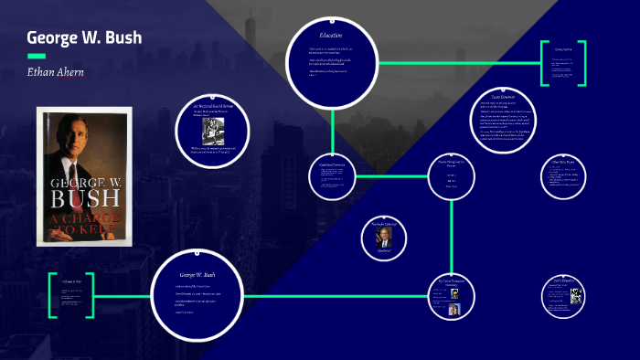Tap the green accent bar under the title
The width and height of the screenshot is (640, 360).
(x=36, y=56)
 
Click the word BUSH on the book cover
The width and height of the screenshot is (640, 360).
(x=84, y=198)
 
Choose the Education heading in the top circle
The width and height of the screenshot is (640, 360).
(x=331, y=35)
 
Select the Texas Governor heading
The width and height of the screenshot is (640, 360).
(x=505, y=96)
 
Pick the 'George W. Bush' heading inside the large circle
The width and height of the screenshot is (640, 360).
(x=197, y=274)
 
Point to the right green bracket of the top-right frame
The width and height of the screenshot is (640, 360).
(x=581, y=63)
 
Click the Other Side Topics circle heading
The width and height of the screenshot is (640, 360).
(x=561, y=162)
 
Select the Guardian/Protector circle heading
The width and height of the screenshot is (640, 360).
(x=331, y=164)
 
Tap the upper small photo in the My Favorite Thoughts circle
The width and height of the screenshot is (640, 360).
(x=453, y=294)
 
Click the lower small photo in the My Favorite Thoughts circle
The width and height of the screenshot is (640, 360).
(x=453, y=310)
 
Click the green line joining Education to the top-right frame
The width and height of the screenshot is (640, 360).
(x=457, y=63)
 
